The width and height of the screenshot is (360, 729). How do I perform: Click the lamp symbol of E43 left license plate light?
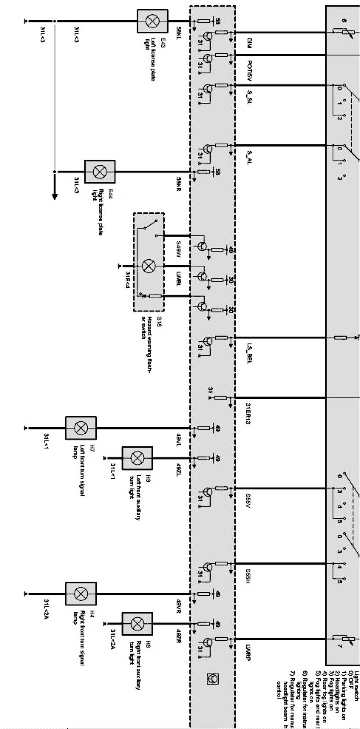151,21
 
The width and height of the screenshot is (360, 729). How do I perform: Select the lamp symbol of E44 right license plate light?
100,172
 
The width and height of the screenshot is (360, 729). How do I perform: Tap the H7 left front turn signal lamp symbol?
80,428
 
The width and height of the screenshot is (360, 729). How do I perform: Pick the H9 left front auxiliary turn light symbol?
137,457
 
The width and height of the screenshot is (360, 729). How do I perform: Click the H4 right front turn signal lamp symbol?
80,594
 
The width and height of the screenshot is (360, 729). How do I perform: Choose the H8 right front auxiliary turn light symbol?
137,624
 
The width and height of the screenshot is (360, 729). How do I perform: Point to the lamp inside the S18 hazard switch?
148,266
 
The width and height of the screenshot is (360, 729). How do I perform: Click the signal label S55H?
250,576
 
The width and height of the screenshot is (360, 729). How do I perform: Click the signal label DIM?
250,42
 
